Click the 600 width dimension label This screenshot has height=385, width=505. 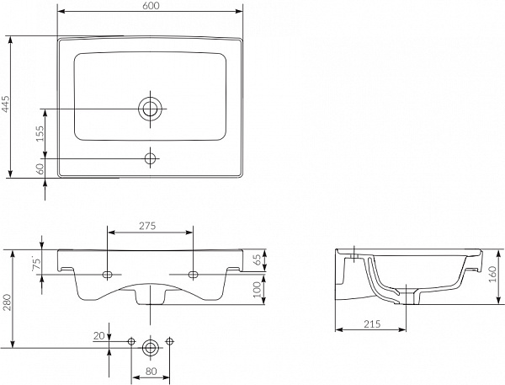150,6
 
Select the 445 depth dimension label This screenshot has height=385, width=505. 6,104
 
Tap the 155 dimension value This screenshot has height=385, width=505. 40,133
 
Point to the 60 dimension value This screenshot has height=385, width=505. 40,168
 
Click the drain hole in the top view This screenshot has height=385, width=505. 150,109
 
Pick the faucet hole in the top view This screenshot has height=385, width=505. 150,158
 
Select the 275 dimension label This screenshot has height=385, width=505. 147,226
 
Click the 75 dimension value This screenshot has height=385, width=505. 37,264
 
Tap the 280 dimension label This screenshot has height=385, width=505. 7,302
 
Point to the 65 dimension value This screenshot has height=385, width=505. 258,260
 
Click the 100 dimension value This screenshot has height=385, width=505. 258,290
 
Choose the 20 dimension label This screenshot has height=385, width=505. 99,336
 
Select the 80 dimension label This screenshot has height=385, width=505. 151,372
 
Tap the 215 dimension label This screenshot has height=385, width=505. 372,324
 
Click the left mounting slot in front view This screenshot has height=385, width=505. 107,275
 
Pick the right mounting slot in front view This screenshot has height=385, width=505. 193,275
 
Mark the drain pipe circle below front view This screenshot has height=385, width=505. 150,348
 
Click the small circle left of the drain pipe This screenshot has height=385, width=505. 131,341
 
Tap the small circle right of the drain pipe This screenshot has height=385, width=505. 169,341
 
